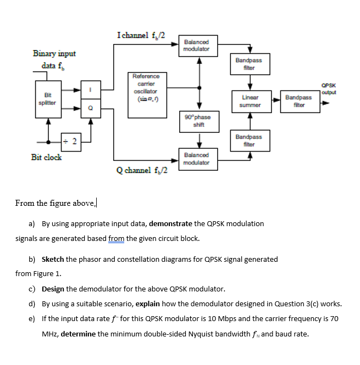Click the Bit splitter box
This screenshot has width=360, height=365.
pos(48,99)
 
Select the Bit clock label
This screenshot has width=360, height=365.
pos(46,157)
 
